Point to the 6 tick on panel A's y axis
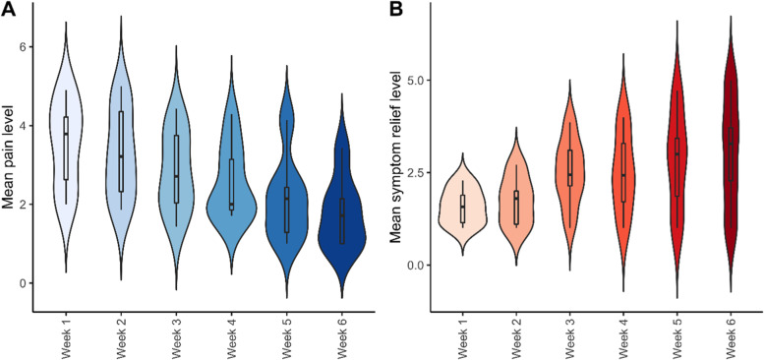coord(25,47)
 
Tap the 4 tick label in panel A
coord(25,126)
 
